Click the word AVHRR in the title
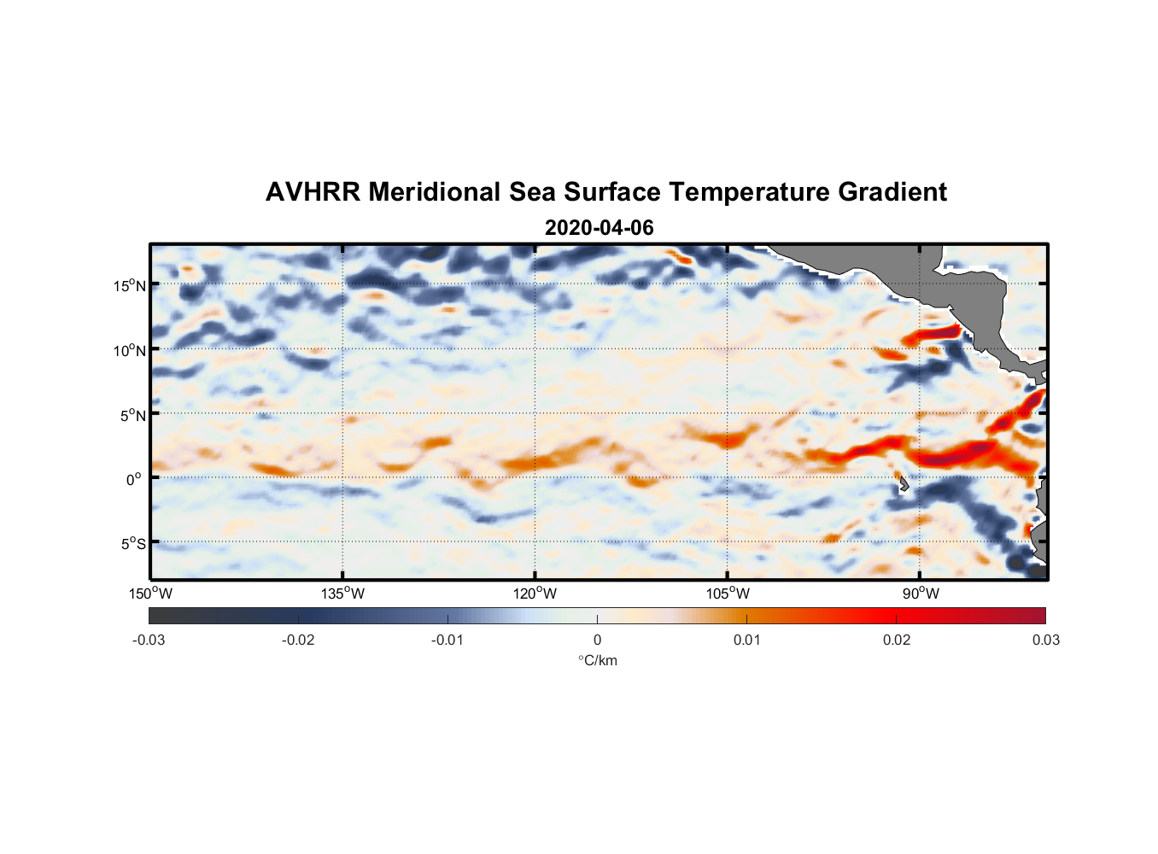(x=313, y=192)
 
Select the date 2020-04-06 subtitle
(x=599, y=228)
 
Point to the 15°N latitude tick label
(x=130, y=285)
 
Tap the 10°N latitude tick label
(x=130, y=350)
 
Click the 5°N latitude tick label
(x=132, y=415)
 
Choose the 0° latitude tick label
(x=134, y=479)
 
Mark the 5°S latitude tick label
(x=132, y=543)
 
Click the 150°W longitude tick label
(x=150, y=594)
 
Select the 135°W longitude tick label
(x=342, y=594)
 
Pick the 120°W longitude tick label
(x=535, y=594)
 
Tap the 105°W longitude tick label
(x=728, y=594)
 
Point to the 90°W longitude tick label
(x=921, y=594)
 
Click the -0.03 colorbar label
(x=149, y=640)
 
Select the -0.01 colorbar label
(x=447, y=640)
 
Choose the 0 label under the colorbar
(x=597, y=640)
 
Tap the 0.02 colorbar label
(x=897, y=640)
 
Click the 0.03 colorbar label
(x=1045, y=640)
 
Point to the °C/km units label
(x=597, y=660)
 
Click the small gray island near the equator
(x=903, y=484)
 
